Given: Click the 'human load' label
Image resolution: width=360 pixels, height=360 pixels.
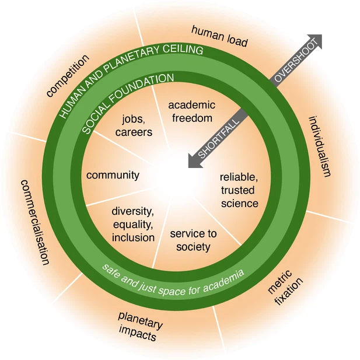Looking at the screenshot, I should point(219,36).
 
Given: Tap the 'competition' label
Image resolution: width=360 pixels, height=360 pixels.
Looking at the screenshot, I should point(68,76).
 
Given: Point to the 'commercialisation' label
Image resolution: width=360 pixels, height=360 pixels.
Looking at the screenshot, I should point(34,222).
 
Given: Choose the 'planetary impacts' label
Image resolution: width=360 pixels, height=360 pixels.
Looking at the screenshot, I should point(141,326).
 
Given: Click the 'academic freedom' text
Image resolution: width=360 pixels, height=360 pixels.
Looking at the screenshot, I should point(191,110).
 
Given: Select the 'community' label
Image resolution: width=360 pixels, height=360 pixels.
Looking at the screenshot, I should point(113,175).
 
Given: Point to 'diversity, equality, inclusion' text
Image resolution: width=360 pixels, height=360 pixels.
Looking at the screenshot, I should point(133,223).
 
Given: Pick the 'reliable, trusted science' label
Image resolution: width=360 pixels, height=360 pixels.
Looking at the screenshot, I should point(239,190).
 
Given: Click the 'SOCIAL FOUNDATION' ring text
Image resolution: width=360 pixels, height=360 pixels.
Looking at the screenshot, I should point(127,102).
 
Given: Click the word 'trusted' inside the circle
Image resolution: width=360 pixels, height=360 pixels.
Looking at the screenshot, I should point(239,190).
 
